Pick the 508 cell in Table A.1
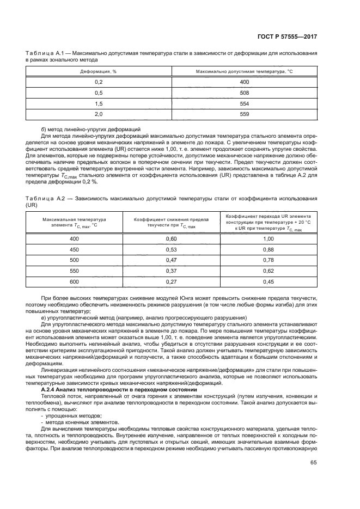(244, 93)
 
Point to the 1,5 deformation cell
(99, 103)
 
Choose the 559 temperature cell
(244, 114)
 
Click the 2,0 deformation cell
(99, 114)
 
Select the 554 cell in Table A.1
(244, 103)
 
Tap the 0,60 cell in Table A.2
(172, 239)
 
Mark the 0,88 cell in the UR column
(268, 249)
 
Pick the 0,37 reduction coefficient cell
(172, 271)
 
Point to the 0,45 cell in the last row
(268, 281)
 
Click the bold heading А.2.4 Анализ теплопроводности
(119, 390)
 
